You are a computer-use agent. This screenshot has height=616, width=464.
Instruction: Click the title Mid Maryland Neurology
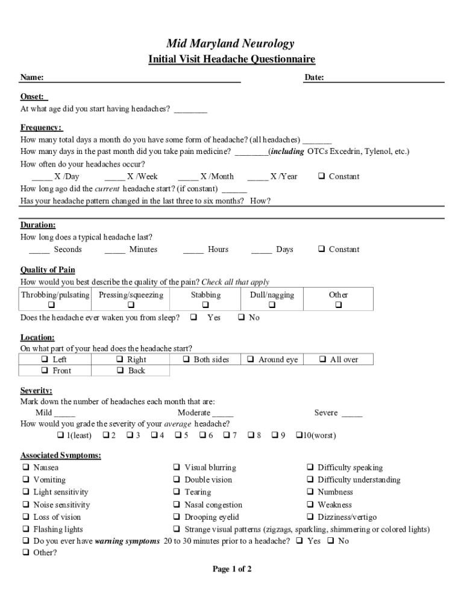click(231, 43)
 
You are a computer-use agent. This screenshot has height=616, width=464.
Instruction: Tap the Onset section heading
click(34, 97)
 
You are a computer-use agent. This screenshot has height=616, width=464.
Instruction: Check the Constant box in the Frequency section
click(322, 176)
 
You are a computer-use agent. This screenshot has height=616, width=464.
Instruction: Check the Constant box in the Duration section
click(322, 249)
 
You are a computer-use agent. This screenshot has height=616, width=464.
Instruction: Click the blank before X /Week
click(114, 177)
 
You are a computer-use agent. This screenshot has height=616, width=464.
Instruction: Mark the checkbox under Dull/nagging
click(272, 306)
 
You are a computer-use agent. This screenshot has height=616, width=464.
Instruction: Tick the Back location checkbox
click(119, 371)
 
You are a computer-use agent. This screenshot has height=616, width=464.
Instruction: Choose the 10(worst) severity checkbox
click(298, 436)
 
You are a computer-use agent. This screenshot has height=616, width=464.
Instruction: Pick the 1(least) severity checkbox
click(60, 436)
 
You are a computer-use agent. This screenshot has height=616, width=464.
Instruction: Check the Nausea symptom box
click(26, 467)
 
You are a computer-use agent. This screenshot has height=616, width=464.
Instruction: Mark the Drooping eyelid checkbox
click(177, 517)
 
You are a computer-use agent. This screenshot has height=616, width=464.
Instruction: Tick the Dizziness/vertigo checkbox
click(310, 517)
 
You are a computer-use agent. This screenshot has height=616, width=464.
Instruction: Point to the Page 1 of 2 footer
click(232, 569)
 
